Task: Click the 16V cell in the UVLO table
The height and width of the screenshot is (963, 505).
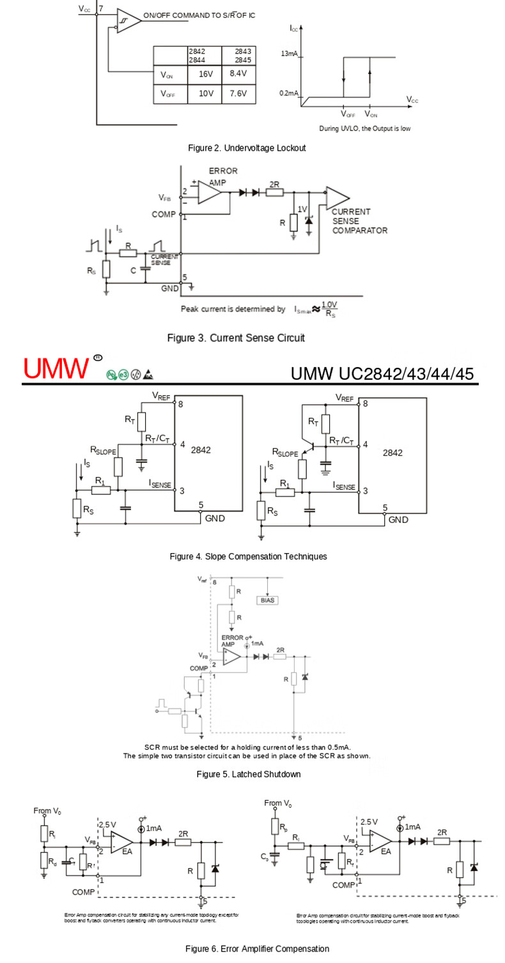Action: coord(205,74)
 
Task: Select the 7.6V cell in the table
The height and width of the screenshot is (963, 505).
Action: coord(238,93)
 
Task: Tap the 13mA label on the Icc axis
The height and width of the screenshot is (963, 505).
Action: coord(289,54)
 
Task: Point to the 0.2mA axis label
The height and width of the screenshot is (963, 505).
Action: coord(289,93)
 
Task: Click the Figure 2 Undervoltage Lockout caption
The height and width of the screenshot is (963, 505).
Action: coord(247,148)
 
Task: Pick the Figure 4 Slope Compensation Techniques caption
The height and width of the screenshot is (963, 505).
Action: coord(248,557)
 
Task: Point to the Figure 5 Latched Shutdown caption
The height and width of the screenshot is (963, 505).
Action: coord(248,775)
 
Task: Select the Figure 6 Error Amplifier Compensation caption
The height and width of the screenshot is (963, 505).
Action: coord(257,949)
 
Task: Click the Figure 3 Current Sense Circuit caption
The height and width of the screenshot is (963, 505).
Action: coord(236,337)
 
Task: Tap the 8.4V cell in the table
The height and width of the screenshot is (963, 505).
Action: coord(238,73)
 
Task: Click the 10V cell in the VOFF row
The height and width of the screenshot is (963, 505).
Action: coord(205,93)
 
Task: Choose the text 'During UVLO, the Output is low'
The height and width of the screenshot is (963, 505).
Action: coord(365,128)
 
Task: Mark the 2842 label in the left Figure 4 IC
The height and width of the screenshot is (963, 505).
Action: coord(201,450)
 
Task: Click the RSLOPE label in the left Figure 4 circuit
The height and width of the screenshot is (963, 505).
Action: coord(103,451)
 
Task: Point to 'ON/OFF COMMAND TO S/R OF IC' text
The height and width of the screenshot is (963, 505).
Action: coord(199,15)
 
